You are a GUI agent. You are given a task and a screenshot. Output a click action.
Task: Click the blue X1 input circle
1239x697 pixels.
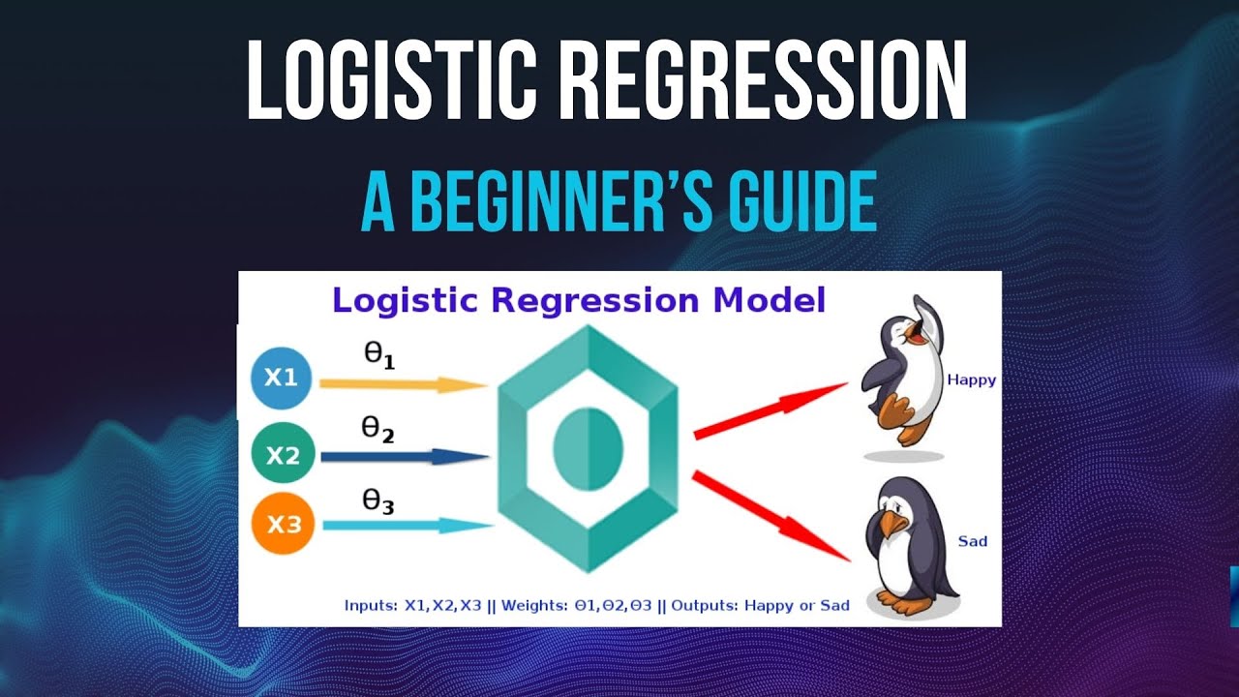click(281, 379)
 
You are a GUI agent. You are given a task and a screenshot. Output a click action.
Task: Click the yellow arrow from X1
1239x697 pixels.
click(402, 384)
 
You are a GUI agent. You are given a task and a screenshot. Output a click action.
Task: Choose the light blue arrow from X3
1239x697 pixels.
click(407, 526)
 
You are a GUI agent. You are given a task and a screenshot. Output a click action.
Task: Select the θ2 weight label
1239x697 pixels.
click(378, 429)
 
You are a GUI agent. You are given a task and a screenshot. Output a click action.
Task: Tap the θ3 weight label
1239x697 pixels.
click(378, 501)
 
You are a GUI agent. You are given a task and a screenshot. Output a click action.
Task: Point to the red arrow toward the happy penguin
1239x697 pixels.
click(770, 410)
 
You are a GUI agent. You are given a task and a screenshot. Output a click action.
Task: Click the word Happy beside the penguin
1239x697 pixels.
click(971, 380)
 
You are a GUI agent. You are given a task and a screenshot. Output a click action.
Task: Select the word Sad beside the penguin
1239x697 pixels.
click(972, 541)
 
